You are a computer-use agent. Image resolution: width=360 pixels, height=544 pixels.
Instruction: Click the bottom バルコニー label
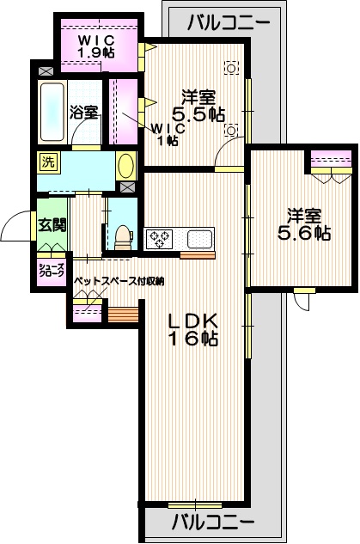[x=211, y=521]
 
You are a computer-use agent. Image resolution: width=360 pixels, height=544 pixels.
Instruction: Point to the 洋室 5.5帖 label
[x=198, y=104]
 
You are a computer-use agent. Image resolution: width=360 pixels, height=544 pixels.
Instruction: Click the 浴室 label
[x=83, y=112]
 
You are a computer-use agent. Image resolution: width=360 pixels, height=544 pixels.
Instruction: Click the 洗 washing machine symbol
[x=47, y=161]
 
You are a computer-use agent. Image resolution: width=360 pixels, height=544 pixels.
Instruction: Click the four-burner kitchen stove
[x=161, y=238]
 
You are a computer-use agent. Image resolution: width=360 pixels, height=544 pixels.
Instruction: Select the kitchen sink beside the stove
[x=198, y=238]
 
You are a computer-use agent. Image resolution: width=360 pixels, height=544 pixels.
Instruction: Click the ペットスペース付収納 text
[x=118, y=281]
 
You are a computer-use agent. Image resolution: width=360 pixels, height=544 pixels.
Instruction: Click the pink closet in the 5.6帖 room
[x=330, y=161]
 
